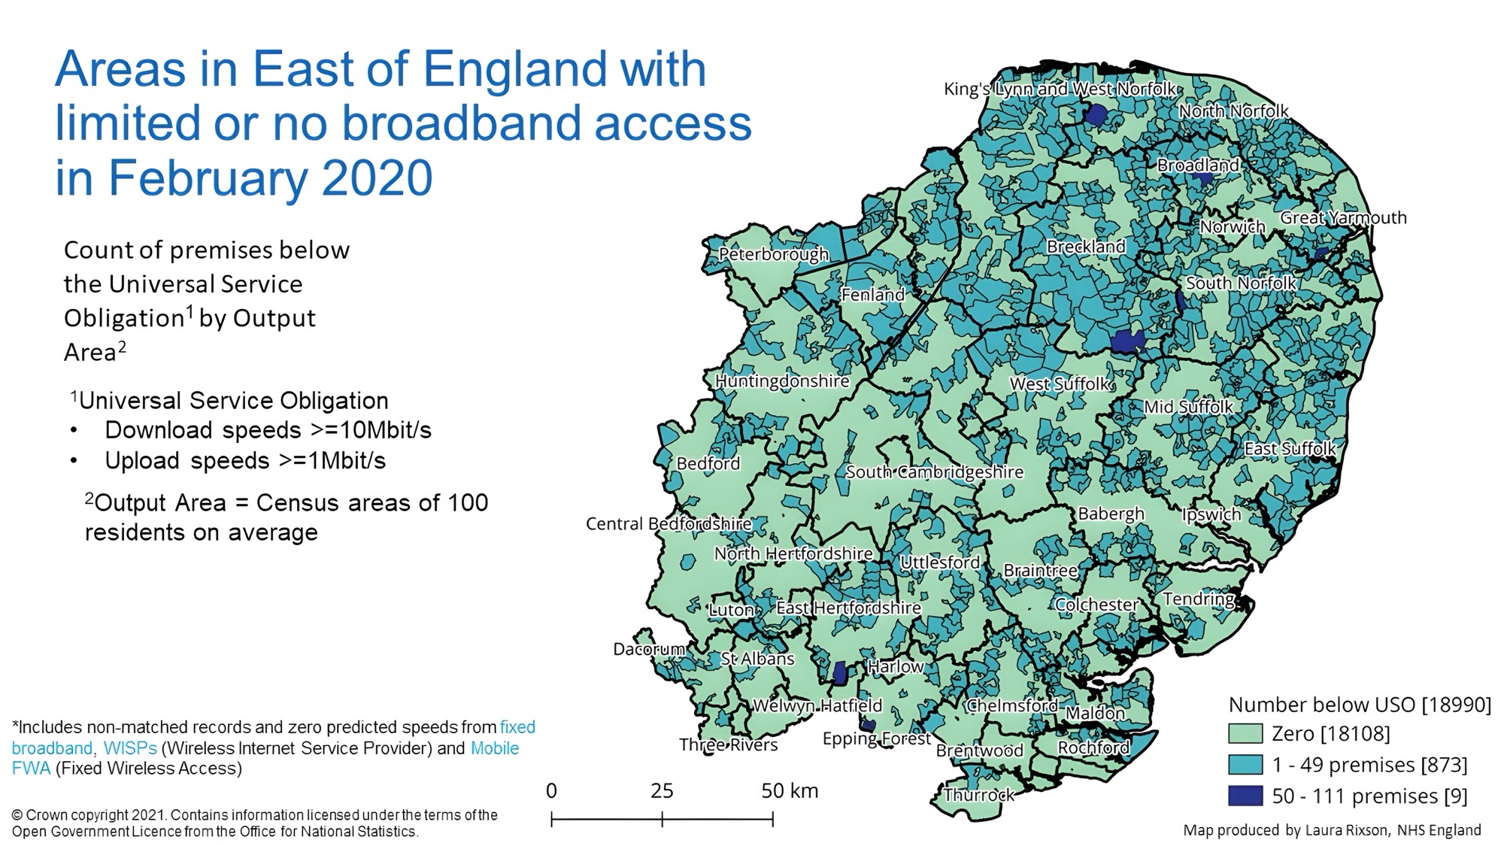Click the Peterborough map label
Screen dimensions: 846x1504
tap(773, 254)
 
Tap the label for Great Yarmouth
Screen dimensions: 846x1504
tap(1343, 218)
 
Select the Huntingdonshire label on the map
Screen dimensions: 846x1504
tap(781, 381)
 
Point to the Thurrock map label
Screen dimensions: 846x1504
tap(978, 795)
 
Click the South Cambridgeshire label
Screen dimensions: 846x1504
tap(934, 472)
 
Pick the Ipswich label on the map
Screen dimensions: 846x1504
tap(1211, 514)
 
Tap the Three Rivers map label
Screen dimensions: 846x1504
tap(728, 744)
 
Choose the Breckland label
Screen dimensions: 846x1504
tap(1085, 247)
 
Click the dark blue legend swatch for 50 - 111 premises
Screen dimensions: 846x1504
tap(1245, 796)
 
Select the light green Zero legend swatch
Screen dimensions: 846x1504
tap(1245, 733)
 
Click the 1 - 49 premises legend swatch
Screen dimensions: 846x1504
tap(1245, 765)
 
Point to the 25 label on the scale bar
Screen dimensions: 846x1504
tap(662, 790)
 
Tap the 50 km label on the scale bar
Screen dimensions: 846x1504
tap(789, 790)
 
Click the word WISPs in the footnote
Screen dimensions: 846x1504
tap(130, 748)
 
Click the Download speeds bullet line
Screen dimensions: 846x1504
tap(267, 430)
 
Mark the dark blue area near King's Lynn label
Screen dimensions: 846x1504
tap(1096, 115)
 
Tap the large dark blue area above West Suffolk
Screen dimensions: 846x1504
tap(1127, 341)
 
